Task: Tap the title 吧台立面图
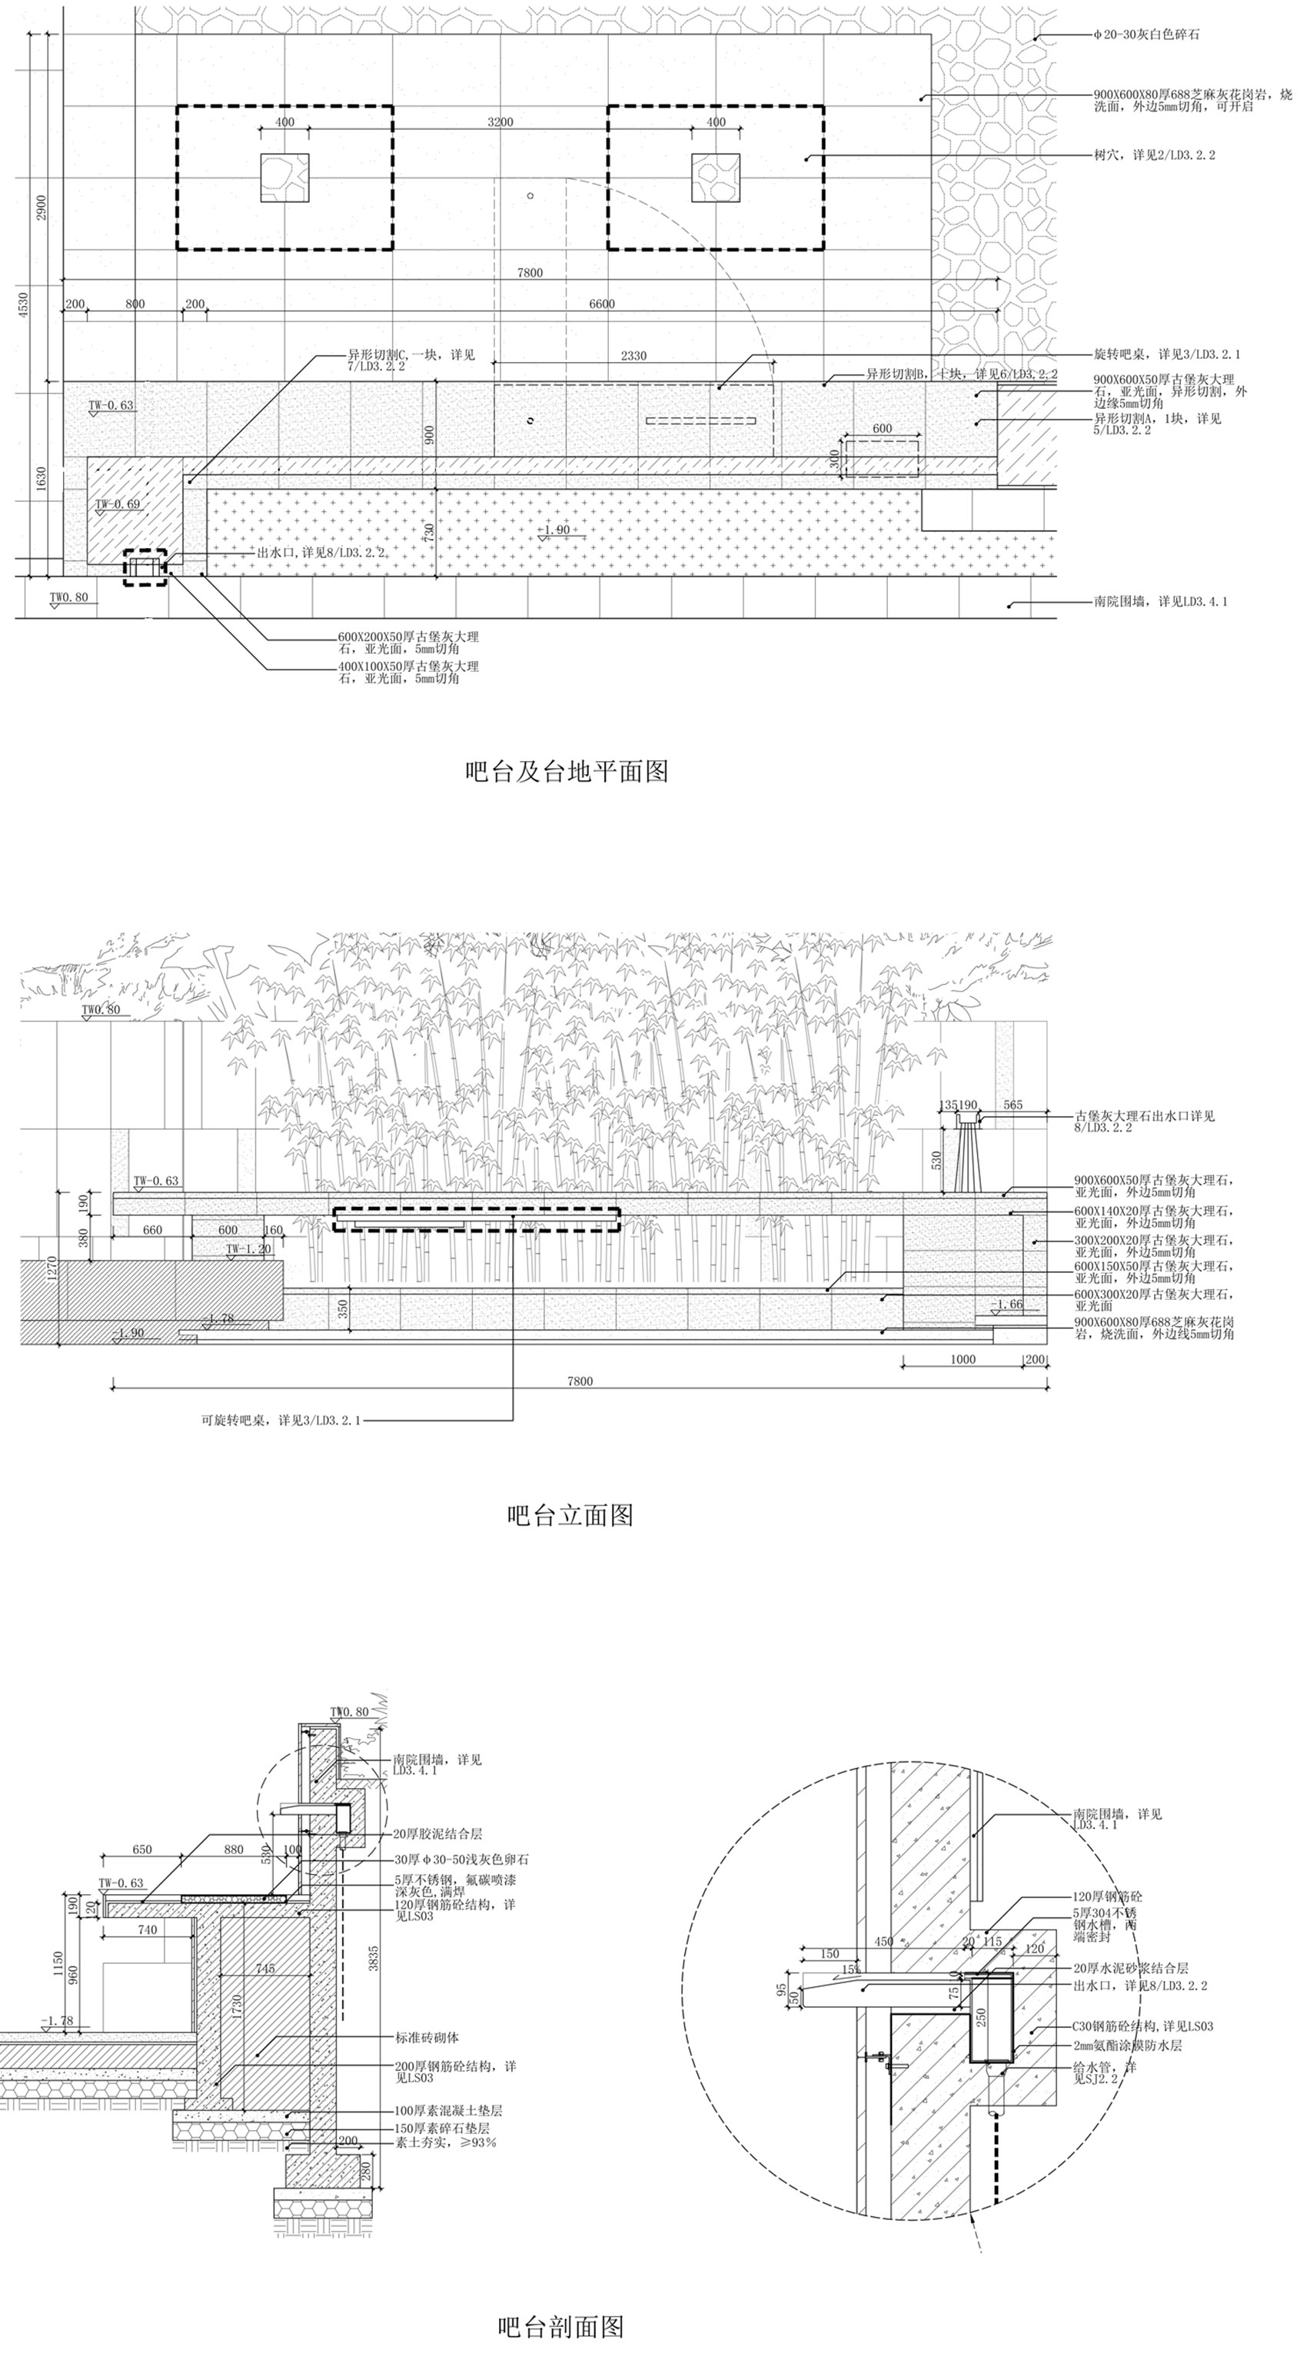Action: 570,1515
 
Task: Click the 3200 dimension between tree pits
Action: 500,121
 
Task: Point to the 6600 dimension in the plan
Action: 601,304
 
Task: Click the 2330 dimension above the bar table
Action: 633,355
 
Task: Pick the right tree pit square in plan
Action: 715,178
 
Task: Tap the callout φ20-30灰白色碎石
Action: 1146,35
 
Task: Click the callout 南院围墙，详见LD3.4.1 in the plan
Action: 1160,602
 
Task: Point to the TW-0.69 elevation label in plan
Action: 118,504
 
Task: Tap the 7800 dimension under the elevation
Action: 580,1381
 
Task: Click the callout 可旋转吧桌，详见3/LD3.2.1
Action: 281,1421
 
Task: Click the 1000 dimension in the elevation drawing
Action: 963,1359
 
